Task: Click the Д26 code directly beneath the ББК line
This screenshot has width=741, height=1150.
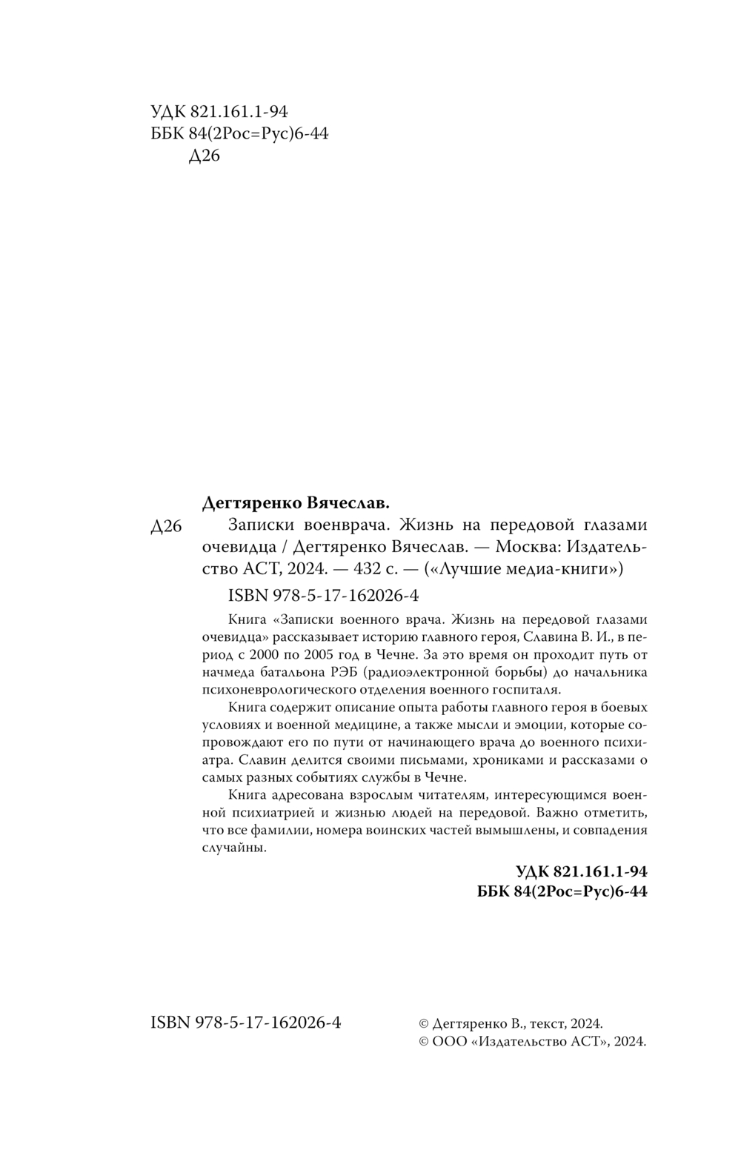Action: pos(205,156)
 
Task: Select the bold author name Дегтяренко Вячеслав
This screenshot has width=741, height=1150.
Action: pos(296,503)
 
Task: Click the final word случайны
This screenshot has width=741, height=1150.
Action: pos(234,848)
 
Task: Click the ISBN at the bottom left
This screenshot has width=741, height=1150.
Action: pos(246,1023)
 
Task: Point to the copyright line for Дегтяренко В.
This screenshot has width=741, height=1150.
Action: pos(511,1023)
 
